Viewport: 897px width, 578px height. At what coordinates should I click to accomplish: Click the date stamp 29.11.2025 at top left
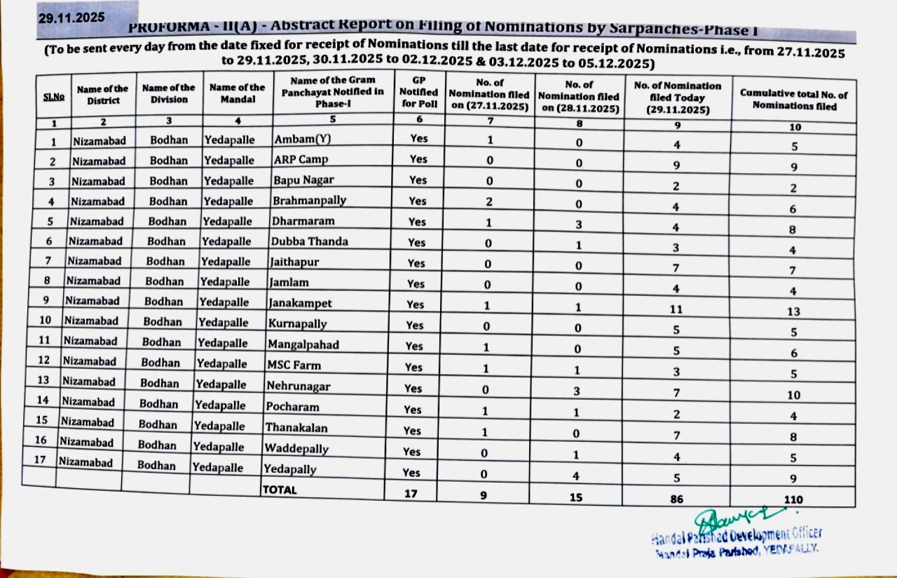coord(73,15)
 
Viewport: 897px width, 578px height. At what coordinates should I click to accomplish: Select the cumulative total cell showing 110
coord(794,499)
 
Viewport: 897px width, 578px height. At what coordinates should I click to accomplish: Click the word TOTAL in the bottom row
coord(280,490)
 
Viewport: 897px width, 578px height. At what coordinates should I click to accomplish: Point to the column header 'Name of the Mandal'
coord(237,94)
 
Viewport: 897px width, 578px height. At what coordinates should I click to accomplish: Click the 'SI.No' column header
coord(54,97)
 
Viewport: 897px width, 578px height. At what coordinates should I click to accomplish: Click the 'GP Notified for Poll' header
coord(418,93)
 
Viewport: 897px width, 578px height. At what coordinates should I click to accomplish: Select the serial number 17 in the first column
coord(41,460)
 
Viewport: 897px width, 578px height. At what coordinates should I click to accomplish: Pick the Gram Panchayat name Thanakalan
coord(296,427)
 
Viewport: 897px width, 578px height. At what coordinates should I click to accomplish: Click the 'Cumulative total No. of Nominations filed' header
coord(793,101)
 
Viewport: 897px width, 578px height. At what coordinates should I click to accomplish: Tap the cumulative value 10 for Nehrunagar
coord(793,396)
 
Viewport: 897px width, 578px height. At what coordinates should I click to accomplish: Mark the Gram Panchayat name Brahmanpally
coord(310,200)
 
